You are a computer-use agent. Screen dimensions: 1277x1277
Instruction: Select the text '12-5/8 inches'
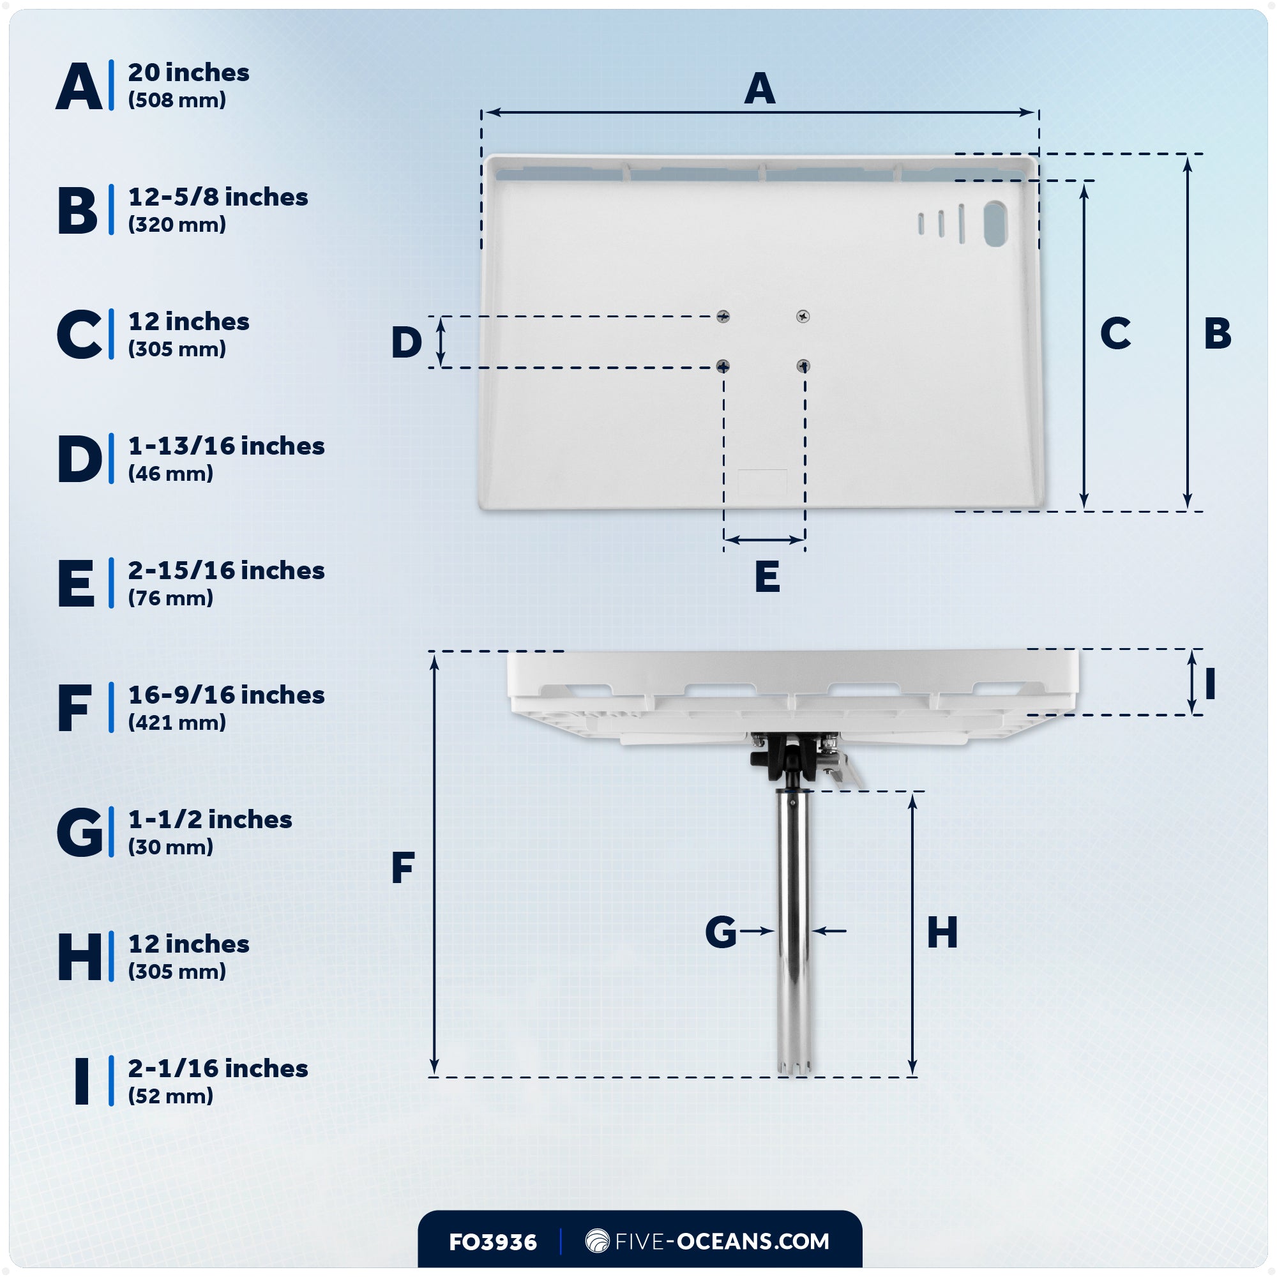click(x=218, y=197)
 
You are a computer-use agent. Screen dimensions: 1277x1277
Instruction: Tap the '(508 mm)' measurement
click(x=177, y=100)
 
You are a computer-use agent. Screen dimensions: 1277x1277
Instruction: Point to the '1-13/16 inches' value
click(x=226, y=446)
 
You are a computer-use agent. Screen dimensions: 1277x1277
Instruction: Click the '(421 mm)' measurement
click(x=177, y=722)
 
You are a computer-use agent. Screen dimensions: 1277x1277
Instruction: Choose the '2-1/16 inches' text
click(x=218, y=1069)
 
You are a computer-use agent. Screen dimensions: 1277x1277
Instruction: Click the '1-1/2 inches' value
click(x=210, y=820)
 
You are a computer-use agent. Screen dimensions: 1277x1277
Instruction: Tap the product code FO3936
click(x=492, y=1243)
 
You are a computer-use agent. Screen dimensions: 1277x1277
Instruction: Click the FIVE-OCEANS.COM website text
click(x=722, y=1241)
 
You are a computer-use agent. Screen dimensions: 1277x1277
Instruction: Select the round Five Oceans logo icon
click(x=597, y=1241)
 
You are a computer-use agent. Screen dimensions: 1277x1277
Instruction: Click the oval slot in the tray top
click(x=995, y=224)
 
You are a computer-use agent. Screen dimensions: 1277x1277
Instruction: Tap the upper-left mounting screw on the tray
click(x=723, y=317)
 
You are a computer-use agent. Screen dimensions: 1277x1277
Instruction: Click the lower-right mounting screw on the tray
click(x=803, y=365)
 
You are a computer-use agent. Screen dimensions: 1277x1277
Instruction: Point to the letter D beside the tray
click(x=407, y=342)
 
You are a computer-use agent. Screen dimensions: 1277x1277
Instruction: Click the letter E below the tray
click(x=767, y=577)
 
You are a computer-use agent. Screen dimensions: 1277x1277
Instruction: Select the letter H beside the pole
click(x=942, y=933)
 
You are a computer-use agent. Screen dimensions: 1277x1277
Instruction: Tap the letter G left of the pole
click(x=720, y=932)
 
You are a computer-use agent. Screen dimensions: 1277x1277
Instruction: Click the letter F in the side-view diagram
click(x=402, y=867)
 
